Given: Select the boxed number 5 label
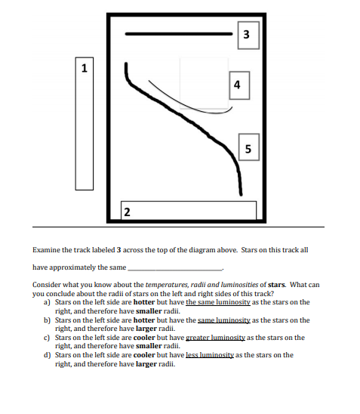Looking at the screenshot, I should [248, 147].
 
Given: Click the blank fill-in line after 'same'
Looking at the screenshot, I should [175, 268].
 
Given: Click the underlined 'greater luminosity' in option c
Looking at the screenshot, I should [220, 338].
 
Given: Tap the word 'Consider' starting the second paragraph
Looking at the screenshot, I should [45, 285].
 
